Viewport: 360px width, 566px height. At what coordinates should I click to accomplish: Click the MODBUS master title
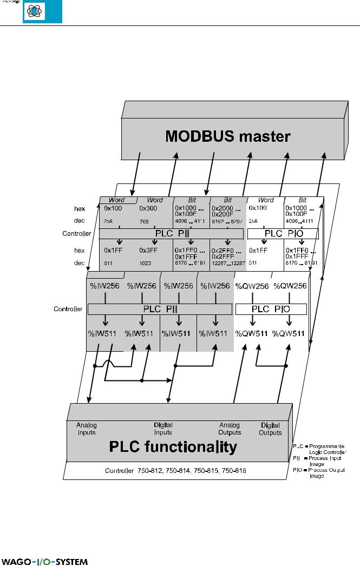(x=227, y=136)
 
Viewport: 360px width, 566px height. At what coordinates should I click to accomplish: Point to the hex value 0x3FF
(x=148, y=250)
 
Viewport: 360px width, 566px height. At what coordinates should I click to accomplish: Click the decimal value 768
(x=144, y=221)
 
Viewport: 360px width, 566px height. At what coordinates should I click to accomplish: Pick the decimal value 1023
(x=146, y=263)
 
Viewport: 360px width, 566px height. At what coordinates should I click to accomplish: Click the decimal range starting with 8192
(x=228, y=221)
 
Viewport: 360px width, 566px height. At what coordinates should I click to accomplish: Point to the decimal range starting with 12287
(x=228, y=263)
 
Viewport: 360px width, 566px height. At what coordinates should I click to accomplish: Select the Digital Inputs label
(x=163, y=429)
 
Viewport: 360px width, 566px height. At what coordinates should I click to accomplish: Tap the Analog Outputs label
(x=230, y=429)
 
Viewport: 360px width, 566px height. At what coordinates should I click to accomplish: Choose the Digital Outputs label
(x=270, y=429)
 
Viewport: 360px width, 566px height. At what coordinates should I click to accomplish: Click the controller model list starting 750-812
(x=175, y=471)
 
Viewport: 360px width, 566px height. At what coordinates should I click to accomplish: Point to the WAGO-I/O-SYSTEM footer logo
(x=44, y=561)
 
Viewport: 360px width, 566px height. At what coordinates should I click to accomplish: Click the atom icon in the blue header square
(x=42, y=12)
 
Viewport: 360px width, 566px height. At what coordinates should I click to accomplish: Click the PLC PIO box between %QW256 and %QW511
(x=271, y=309)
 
